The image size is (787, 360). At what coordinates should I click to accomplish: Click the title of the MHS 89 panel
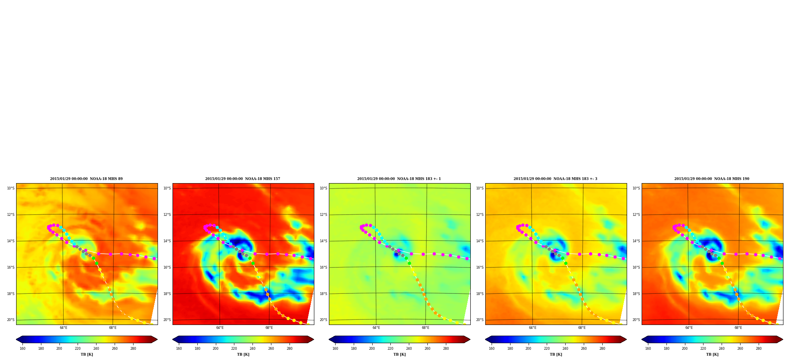[86, 179]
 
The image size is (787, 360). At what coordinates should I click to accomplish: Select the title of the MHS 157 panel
[243, 179]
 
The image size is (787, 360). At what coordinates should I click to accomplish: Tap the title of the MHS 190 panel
[712, 179]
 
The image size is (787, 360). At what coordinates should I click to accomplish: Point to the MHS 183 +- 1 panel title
[399, 179]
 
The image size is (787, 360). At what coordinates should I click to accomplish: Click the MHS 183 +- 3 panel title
[555, 179]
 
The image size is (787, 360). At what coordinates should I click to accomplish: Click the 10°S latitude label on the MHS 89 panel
[11, 188]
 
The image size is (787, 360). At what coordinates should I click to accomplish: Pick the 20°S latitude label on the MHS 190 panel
[636, 320]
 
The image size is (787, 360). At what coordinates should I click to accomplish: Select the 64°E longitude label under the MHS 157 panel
[220, 328]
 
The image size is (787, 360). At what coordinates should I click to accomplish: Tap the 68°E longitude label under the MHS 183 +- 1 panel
[425, 328]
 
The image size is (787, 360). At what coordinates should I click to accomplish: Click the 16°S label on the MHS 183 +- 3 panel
[480, 267]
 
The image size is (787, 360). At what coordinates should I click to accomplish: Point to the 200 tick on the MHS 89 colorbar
[59, 348]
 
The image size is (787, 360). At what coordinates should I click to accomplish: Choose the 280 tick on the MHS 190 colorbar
[759, 348]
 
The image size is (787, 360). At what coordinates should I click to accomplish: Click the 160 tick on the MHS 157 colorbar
[179, 348]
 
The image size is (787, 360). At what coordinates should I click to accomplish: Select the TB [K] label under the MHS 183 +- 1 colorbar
[399, 354]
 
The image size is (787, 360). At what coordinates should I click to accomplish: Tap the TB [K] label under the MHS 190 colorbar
[712, 354]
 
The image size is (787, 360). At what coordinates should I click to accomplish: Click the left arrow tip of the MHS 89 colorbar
[16, 340]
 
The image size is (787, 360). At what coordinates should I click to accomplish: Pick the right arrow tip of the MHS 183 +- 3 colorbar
[626, 340]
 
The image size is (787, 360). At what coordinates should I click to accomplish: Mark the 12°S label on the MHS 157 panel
[167, 215]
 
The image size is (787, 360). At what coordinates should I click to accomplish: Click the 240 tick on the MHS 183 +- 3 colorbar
[565, 348]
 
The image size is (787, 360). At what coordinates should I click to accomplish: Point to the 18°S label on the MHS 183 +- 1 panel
[323, 294]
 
